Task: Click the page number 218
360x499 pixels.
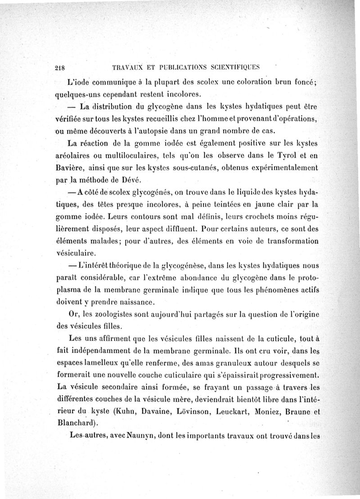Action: [x=60, y=68]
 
